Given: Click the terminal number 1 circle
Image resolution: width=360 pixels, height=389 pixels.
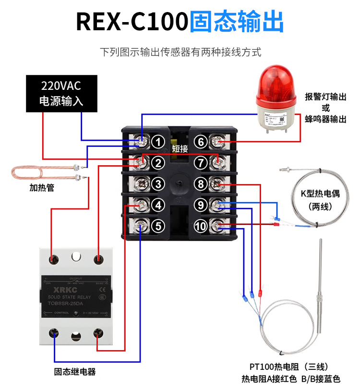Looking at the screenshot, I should coord(159,142).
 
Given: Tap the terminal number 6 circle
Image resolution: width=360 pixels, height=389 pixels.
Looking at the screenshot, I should coord(201,142).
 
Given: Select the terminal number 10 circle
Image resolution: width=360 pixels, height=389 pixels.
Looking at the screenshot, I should coord(201,225).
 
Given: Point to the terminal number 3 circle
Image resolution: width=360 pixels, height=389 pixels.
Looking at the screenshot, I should coord(159,183).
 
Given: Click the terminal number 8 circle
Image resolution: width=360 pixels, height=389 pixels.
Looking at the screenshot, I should coord(201,183).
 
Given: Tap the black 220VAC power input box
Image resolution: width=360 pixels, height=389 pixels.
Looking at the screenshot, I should coord(61,94).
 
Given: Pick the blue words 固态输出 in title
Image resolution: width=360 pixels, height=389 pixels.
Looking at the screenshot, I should coord(236,22).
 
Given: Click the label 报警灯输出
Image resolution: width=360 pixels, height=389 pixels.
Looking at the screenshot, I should coord(325,97).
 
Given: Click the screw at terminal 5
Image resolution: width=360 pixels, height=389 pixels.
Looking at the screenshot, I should coord(140,225).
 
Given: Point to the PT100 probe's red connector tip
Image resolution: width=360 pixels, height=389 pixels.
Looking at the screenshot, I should coord(260,292).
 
